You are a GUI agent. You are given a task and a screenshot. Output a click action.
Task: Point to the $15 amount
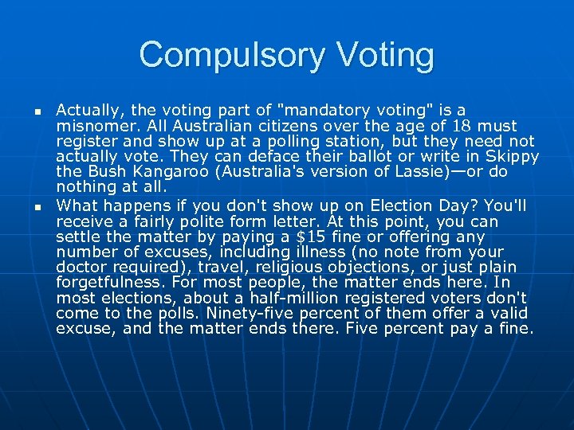pos(329,236)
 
